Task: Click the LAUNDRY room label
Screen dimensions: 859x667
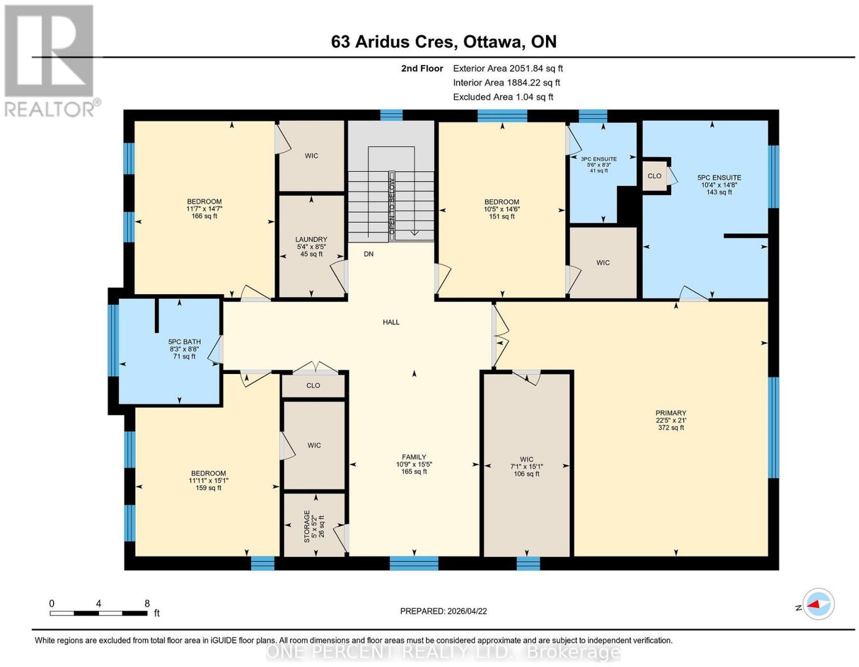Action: (311, 239)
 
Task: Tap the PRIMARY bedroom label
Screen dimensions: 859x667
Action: (671, 413)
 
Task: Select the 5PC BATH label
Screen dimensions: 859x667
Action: (184, 342)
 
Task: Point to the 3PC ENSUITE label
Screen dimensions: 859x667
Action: (599, 159)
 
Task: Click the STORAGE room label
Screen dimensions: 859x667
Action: (307, 526)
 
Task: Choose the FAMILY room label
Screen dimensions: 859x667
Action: (414, 457)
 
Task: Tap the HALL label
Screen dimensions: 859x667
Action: (391, 322)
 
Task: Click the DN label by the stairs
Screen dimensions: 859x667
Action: (368, 254)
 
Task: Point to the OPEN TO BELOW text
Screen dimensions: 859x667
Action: (392, 206)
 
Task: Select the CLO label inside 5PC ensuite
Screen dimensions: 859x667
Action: (654, 175)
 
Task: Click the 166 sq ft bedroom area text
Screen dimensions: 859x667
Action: (205, 216)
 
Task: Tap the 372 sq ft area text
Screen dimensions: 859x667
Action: (671, 427)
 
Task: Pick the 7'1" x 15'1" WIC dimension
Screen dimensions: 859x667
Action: (527, 466)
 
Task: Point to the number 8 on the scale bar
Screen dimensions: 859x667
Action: (147, 604)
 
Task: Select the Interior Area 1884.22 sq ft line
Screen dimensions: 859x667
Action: (506, 83)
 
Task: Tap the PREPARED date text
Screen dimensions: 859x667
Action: (443, 611)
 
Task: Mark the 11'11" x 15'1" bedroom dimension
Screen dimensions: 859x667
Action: (208, 481)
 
